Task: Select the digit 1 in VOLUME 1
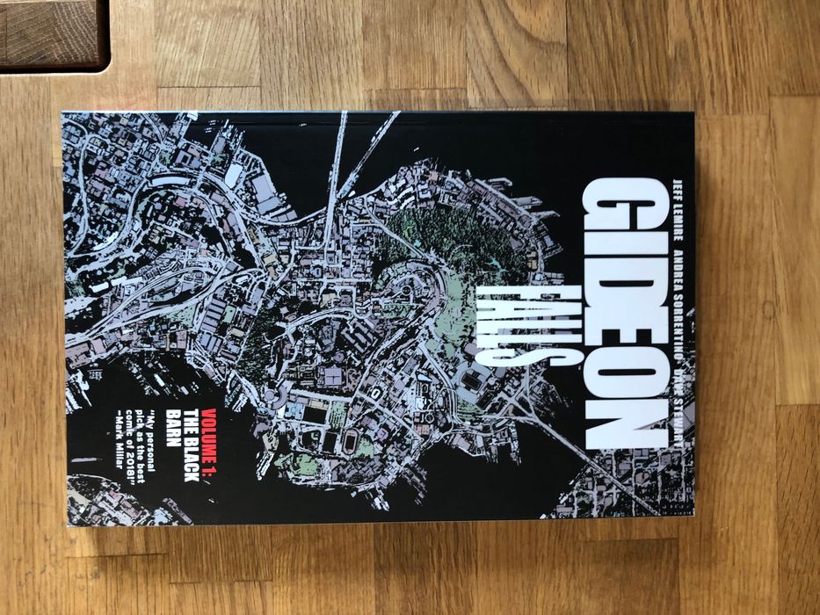click(x=209, y=465)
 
